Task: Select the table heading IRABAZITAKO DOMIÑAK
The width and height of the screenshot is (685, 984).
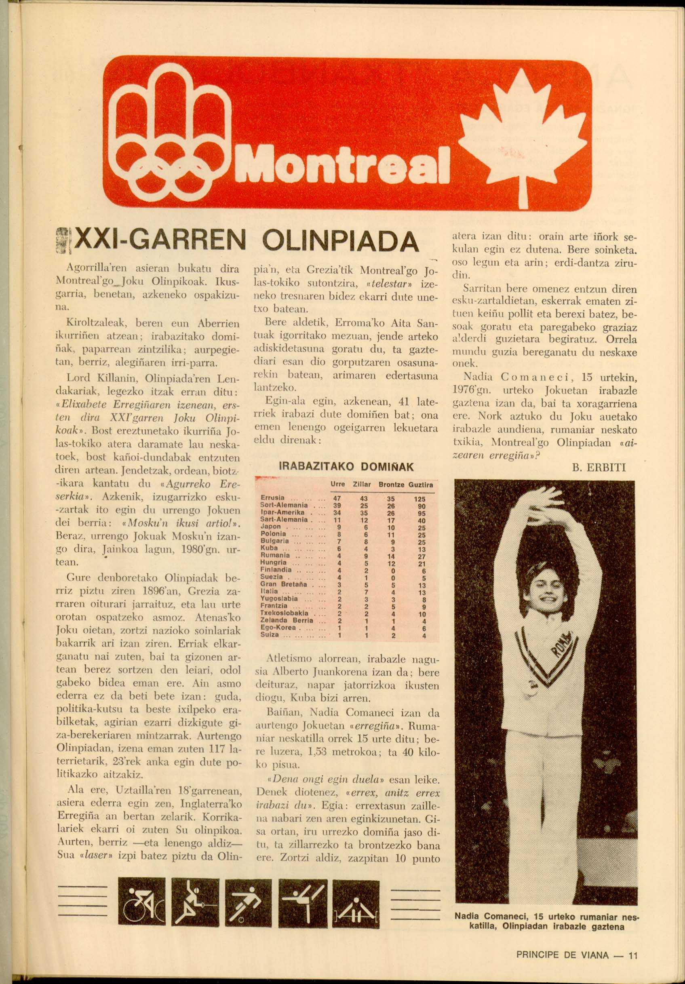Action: pos(346,466)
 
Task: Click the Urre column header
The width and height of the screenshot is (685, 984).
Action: pos(338,485)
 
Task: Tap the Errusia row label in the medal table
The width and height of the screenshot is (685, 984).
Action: pos(273,498)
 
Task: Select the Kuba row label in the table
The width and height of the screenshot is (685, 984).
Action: pos(270,548)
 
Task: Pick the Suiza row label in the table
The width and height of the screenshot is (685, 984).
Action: pos(270,635)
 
